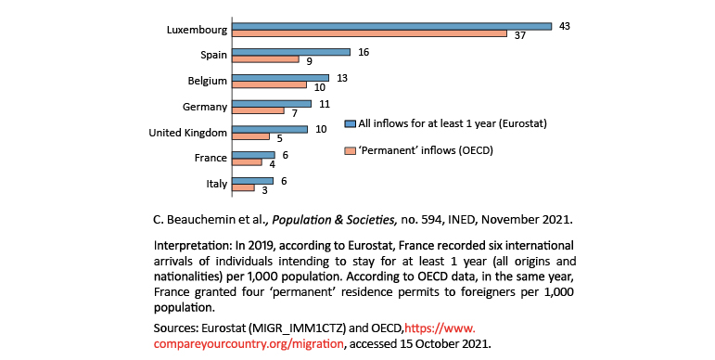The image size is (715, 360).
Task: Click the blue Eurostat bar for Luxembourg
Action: (389, 26)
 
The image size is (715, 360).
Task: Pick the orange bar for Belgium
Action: (268, 85)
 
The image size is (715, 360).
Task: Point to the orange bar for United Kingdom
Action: (249, 136)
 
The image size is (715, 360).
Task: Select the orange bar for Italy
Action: (242, 187)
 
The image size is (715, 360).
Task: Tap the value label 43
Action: (565, 25)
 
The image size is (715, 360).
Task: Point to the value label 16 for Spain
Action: (364, 52)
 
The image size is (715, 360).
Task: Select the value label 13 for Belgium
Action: (342, 77)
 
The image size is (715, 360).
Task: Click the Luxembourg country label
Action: (197, 30)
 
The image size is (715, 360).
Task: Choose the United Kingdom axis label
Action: (188, 133)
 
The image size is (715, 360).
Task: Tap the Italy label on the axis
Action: (216, 184)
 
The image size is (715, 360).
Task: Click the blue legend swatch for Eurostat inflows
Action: (350, 123)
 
